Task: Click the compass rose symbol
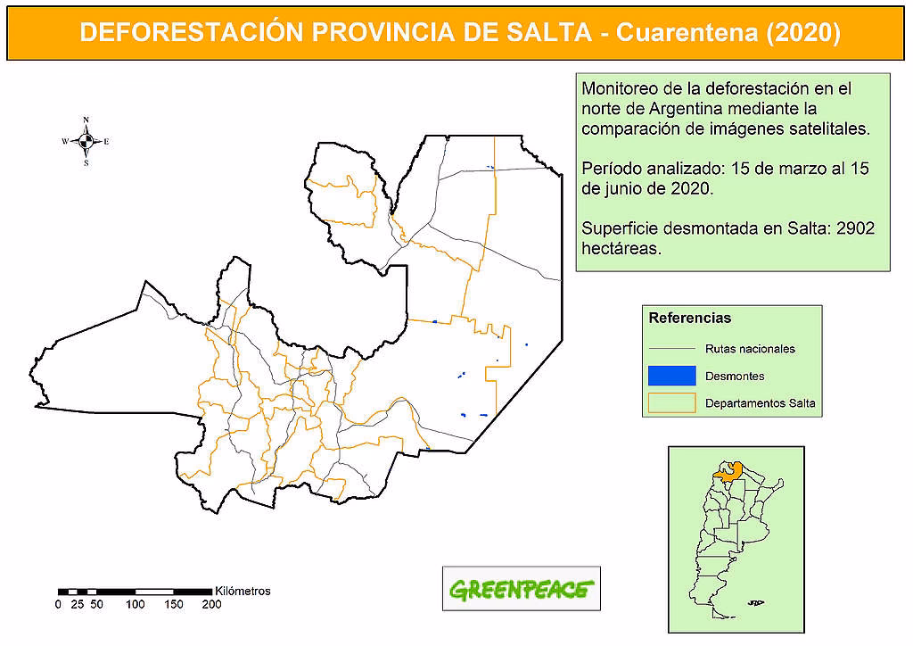[86, 141]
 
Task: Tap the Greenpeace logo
[522, 589]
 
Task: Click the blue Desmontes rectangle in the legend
[671, 376]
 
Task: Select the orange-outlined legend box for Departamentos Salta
[671, 402]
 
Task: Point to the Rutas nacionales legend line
[671, 349]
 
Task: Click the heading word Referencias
[690, 318]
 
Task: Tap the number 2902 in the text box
[856, 228]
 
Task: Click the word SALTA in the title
[543, 32]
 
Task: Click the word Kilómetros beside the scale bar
[243, 591]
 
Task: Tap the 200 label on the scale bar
[211, 604]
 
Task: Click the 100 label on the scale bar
[136, 604]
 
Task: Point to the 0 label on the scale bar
[58, 604]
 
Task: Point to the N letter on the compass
[86, 120]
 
